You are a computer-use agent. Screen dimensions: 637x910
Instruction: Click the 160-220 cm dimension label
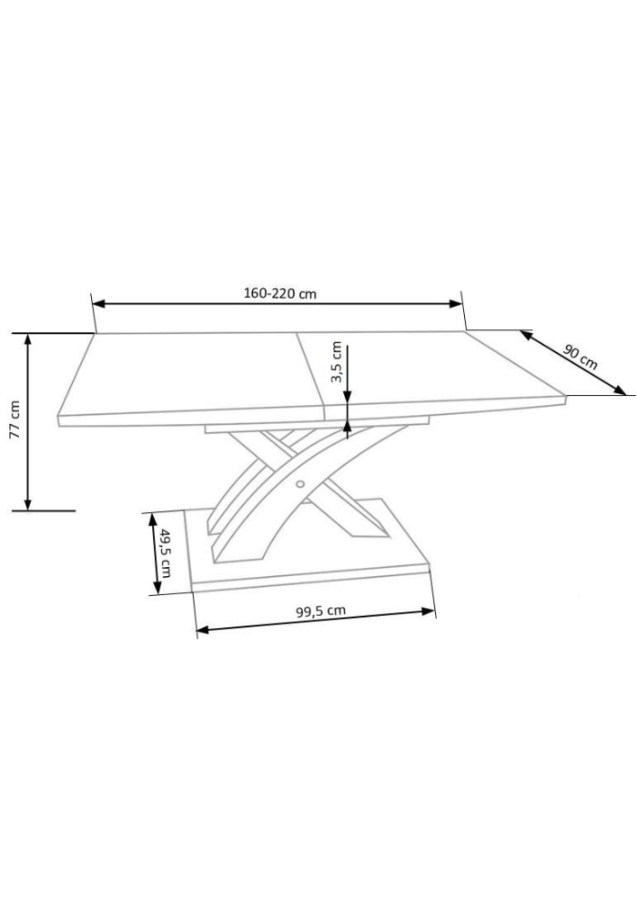click(279, 293)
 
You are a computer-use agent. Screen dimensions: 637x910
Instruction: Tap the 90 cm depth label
click(580, 357)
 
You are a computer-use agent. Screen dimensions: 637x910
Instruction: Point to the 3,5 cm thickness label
click(336, 362)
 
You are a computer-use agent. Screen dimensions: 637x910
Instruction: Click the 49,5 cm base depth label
click(165, 552)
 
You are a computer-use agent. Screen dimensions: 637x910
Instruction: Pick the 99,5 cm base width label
click(321, 611)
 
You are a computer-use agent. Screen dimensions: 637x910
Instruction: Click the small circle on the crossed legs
click(300, 483)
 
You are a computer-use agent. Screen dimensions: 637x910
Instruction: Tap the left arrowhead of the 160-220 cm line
click(98, 303)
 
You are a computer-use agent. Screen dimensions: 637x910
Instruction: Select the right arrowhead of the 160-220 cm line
click(455, 303)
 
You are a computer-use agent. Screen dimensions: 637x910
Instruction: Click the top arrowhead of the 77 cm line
click(27, 339)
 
